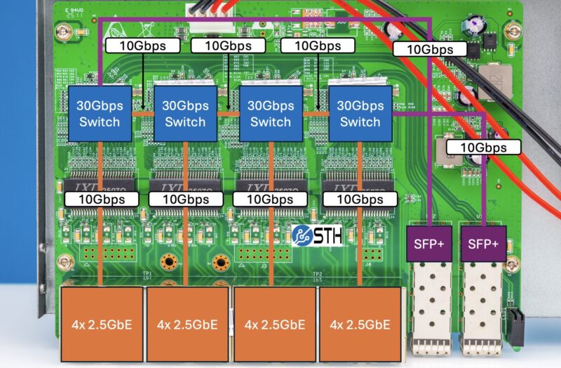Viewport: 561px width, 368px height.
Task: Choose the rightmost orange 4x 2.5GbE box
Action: pos(360,324)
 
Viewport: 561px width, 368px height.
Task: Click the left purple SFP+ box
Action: pos(429,244)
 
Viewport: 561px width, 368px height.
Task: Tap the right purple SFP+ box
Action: pos(483,244)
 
